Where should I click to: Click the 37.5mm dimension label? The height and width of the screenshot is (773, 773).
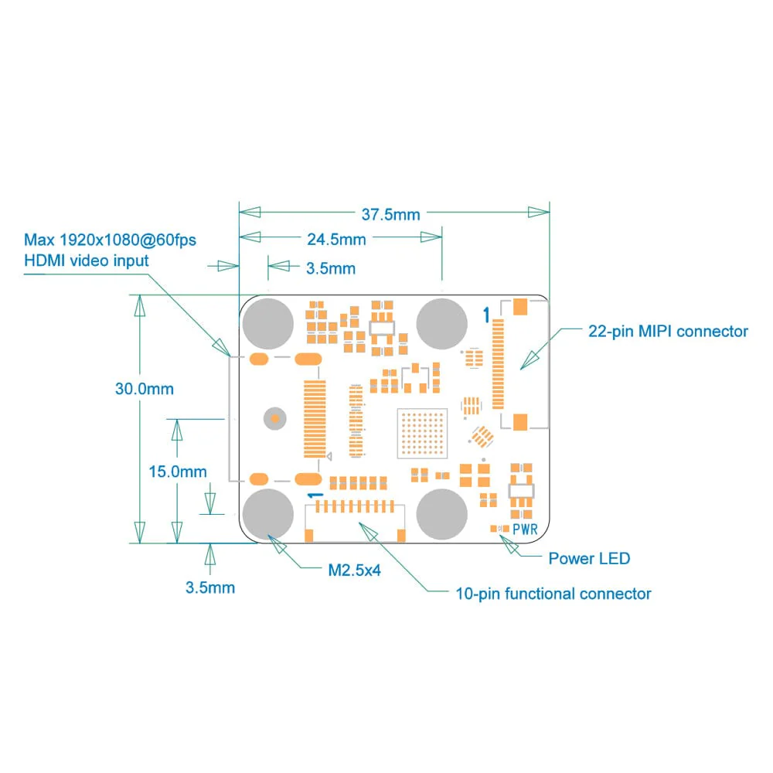tap(390, 214)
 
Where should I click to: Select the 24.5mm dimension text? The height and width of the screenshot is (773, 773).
tap(336, 239)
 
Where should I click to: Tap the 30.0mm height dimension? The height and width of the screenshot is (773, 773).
tap(145, 389)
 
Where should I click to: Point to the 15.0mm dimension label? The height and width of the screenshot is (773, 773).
tap(177, 471)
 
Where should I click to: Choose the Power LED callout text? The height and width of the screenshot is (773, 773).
tap(589, 558)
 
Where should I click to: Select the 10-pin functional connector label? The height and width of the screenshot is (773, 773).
tap(553, 594)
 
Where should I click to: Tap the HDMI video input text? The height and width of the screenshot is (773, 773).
tap(87, 261)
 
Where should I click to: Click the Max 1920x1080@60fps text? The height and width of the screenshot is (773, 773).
tap(110, 240)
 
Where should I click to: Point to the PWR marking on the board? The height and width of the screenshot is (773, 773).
tap(525, 530)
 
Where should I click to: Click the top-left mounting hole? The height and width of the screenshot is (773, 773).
tap(268, 324)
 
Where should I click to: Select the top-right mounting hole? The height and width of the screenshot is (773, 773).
tap(442, 324)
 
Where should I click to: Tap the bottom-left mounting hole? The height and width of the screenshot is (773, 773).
tap(268, 512)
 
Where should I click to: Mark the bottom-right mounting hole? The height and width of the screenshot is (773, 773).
tap(442, 513)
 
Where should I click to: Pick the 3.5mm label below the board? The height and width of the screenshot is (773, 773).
tap(209, 587)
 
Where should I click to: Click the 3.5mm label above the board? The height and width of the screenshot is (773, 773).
tap(331, 269)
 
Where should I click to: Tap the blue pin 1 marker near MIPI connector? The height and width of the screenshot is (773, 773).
tap(485, 315)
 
